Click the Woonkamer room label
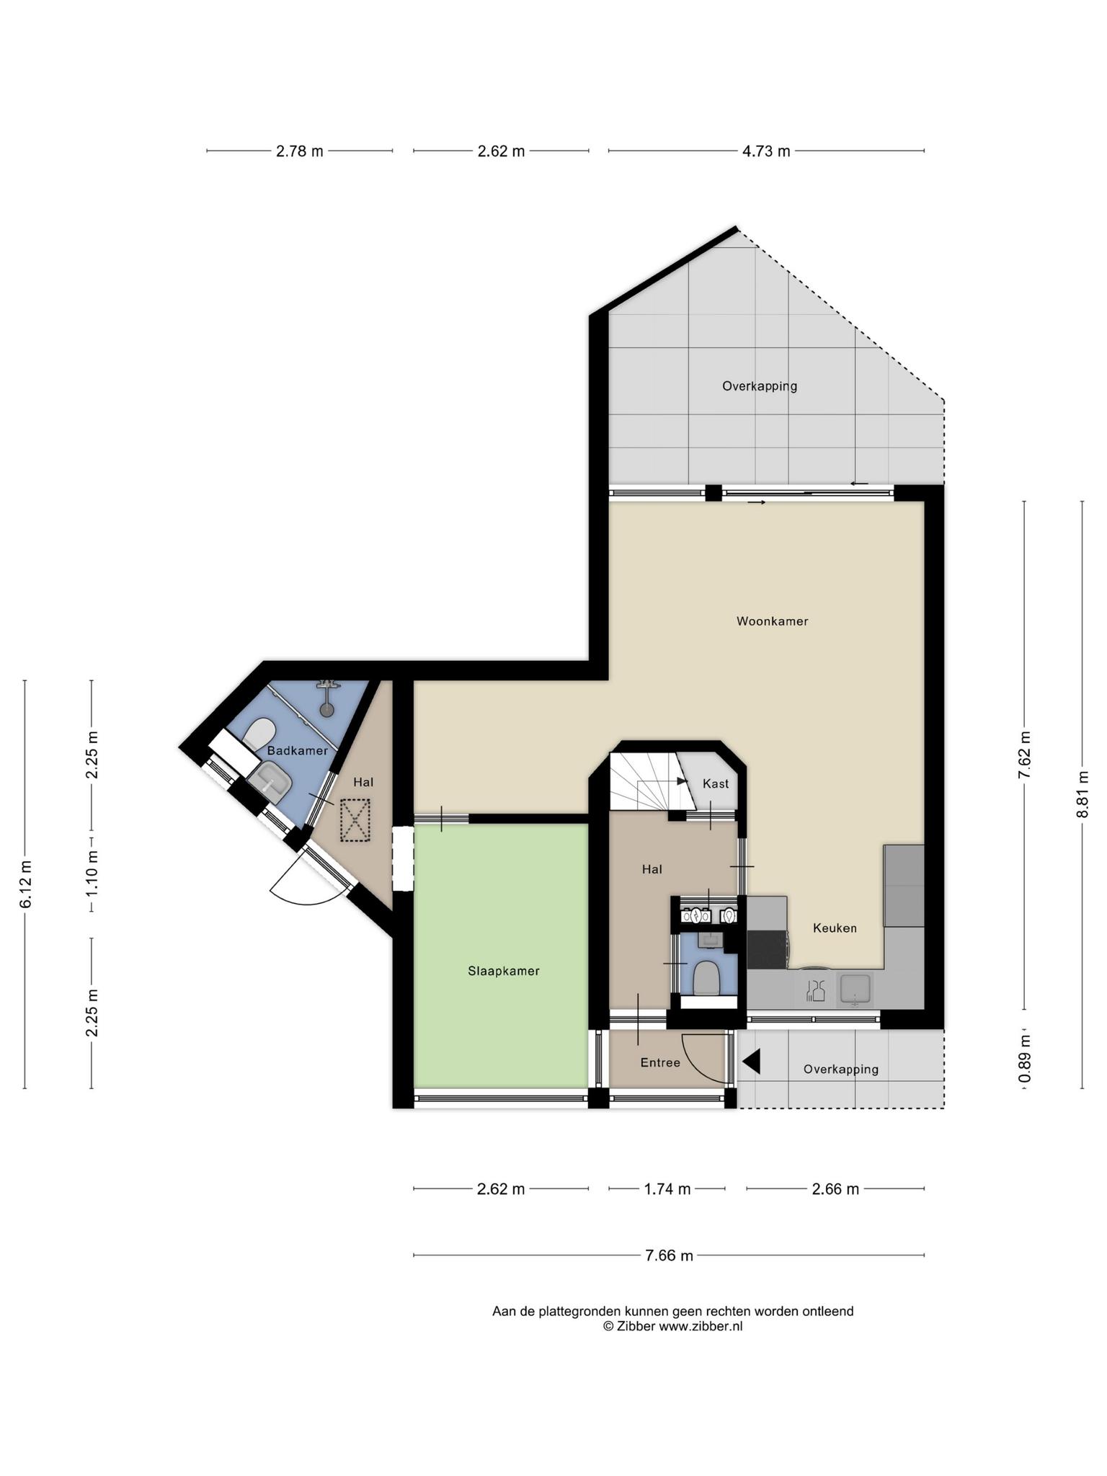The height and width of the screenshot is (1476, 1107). (x=772, y=621)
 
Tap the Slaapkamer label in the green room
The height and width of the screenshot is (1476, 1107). (x=504, y=971)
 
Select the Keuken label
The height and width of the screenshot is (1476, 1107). (x=835, y=928)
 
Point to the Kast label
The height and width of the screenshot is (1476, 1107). (x=716, y=783)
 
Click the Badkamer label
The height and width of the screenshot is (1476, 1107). (x=297, y=750)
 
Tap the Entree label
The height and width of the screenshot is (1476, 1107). (x=660, y=1062)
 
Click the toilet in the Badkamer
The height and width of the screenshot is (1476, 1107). (x=259, y=733)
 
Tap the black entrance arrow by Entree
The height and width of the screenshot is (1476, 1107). (x=751, y=1062)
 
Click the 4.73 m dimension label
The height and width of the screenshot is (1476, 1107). (x=766, y=151)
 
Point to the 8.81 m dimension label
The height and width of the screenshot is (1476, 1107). (x=1082, y=794)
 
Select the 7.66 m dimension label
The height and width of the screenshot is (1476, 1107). (x=670, y=1255)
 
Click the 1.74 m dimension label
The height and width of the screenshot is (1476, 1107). (x=667, y=1189)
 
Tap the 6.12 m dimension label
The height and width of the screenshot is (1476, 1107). (x=25, y=884)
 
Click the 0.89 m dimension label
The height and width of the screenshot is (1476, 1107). (x=1025, y=1059)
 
